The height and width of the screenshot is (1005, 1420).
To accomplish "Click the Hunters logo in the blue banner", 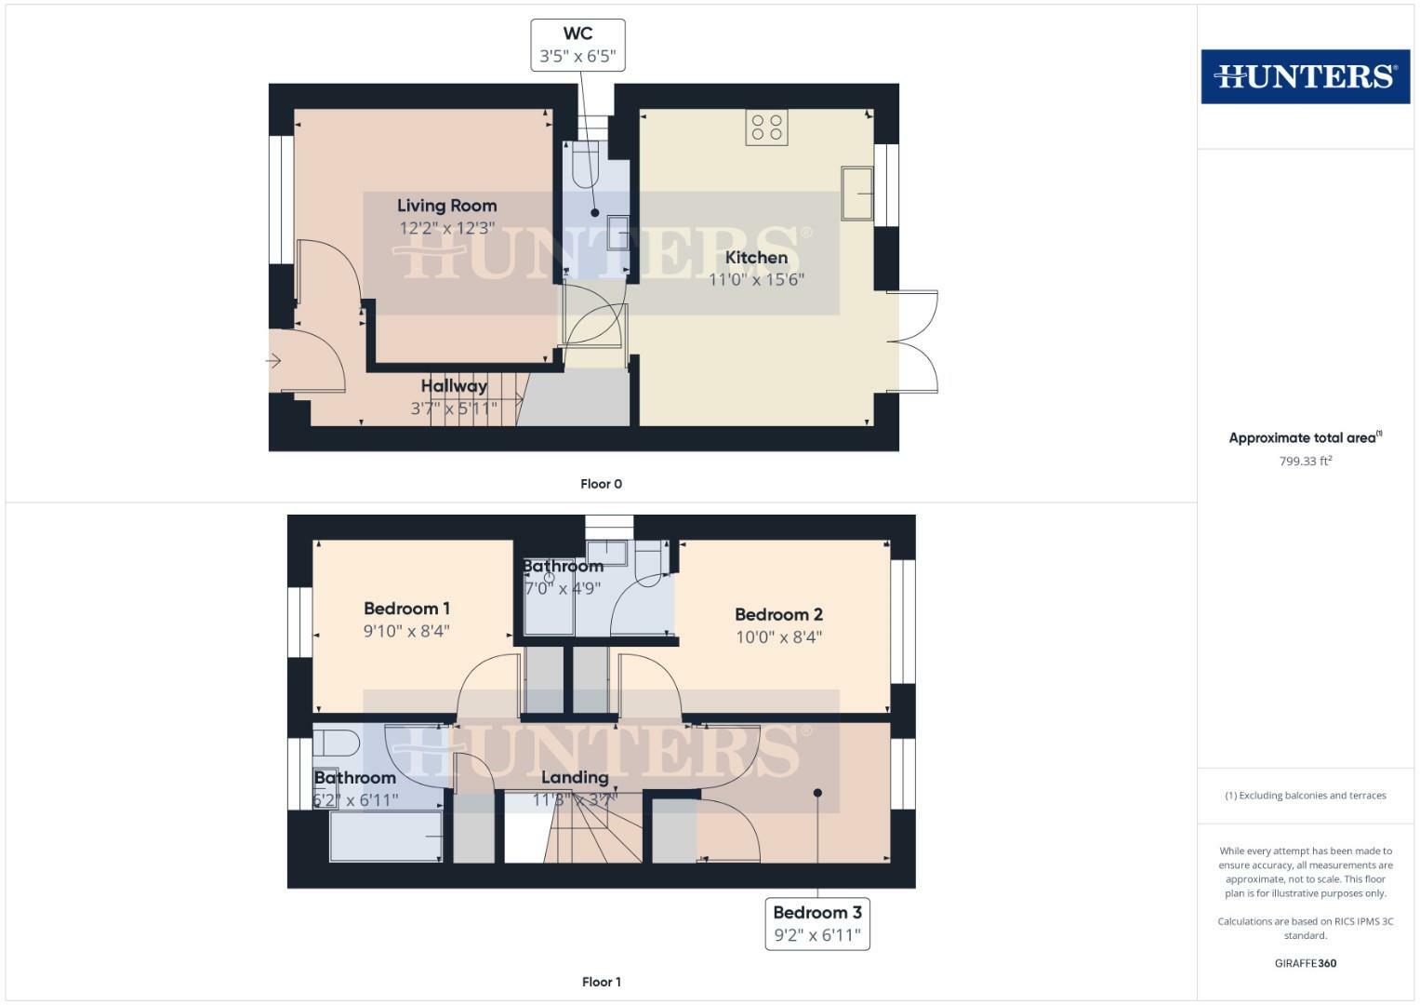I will [1305, 76].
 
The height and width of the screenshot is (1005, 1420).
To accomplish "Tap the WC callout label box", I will [577, 46].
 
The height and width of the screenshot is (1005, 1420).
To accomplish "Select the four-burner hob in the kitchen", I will [766, 127].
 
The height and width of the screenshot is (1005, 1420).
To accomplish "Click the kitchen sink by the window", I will [856, 194].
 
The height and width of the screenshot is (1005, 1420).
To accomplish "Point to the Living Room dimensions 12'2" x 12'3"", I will [446, 228].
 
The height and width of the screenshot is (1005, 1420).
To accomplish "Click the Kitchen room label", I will [756, 258].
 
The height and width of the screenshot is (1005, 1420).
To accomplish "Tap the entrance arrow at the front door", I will [274, 360].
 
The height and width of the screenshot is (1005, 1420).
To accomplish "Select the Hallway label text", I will [454, 385].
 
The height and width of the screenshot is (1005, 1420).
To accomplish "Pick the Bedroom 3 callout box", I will [816, 923].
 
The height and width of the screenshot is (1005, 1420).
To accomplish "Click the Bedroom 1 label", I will [406, 609].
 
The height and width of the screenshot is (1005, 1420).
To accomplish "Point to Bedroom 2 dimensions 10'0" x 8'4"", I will [778, 637].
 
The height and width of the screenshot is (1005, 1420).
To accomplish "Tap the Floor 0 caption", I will [601, 484].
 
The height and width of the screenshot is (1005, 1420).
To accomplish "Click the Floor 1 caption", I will [601, 982].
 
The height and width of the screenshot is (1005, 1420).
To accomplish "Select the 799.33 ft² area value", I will [1305, 461].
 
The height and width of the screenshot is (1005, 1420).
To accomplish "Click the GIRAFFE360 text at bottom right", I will [1305, 963].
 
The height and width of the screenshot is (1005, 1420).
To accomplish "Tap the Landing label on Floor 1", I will [575, 777].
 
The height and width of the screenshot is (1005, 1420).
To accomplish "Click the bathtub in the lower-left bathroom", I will [386, 836].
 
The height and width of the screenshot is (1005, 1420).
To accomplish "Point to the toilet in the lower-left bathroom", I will [336, 744].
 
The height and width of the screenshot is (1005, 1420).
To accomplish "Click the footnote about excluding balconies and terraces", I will [1305, 796].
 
